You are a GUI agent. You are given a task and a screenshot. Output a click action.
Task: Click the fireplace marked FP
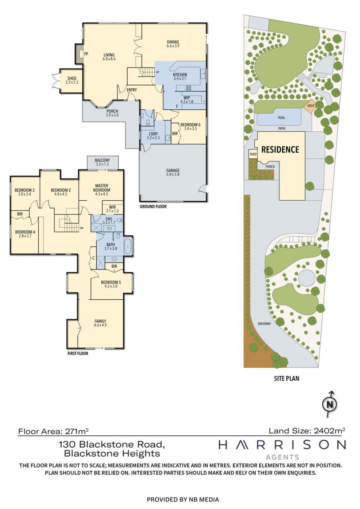(x=79, y=54)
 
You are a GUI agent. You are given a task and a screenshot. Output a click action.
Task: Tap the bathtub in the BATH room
(x=127, y=246)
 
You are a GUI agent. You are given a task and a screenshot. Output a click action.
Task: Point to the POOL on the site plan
(x=281, y=118)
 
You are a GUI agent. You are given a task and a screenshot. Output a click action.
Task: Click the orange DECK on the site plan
(x=310, y=106)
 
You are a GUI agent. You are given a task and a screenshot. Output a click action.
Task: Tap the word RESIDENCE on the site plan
(x=280, y=150)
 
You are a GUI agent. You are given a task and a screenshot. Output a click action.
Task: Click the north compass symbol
(x=329, y=404)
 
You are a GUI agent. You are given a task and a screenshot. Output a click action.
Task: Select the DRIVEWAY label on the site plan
(x=264, y=324)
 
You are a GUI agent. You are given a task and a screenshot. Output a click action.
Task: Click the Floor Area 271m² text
(x=54, y=432)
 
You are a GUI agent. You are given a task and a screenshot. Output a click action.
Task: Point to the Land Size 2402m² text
(x=307, y=431)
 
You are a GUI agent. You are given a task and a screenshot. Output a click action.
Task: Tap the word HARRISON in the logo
(x=282, y=445)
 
